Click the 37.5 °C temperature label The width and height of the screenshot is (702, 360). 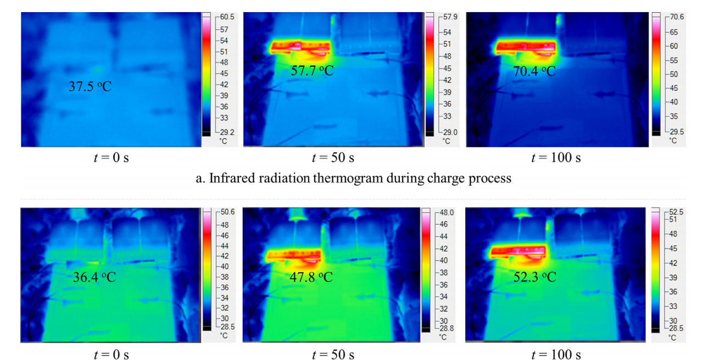click(90, 87)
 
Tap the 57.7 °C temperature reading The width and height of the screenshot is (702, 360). click(312, 71)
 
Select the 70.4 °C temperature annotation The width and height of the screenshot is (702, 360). click(534, 71)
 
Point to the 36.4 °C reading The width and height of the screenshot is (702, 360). click(94, 277)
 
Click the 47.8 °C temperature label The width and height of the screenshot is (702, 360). click(311, 277)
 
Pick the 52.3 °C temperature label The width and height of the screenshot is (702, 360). click(534, 277)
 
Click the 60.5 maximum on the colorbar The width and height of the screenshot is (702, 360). click(226, 17)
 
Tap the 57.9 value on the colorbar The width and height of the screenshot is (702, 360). click(449, 17)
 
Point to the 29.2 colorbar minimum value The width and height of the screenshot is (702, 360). click(226, 132)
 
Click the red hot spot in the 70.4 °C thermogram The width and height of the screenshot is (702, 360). click(526, 47)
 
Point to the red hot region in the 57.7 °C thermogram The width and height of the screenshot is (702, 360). click(300, 47)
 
